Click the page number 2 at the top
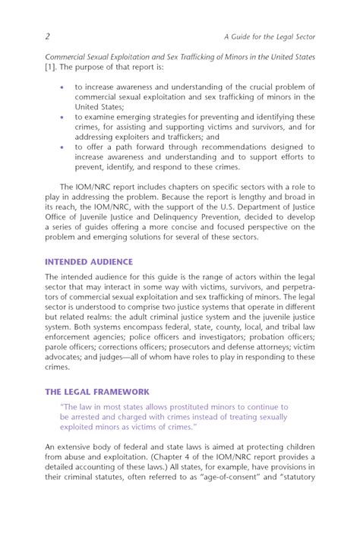click(48, 36)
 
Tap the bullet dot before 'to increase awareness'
click(62, 87)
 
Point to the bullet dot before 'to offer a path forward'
click(62, 147)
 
